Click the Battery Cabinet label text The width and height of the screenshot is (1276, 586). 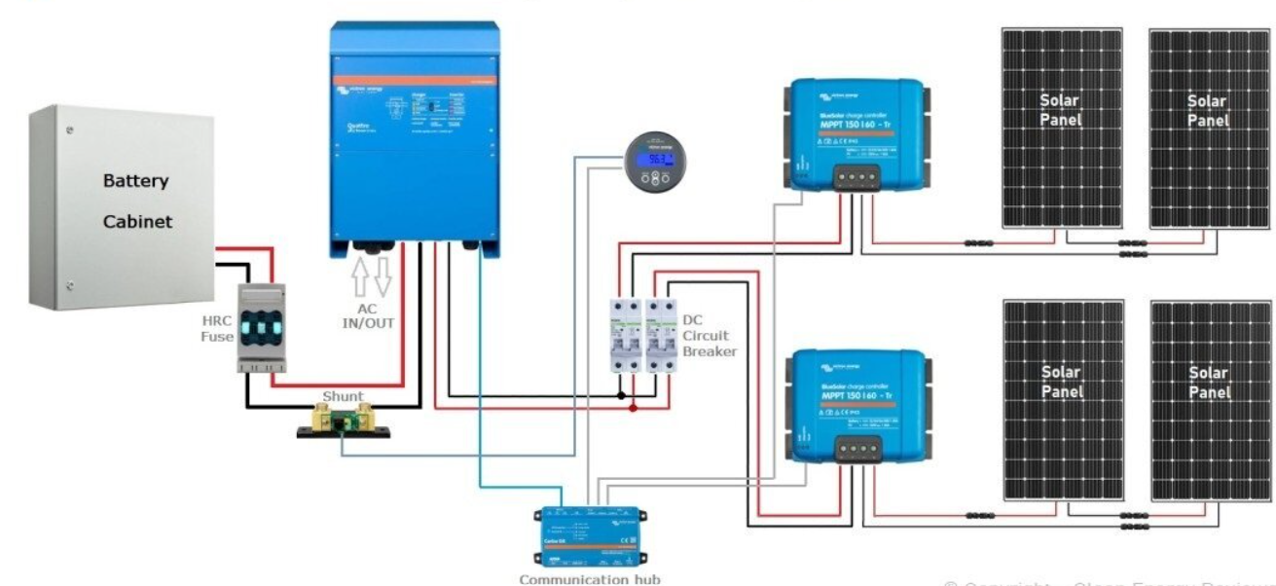(137, 201)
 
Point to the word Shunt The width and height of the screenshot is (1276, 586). (342, 396)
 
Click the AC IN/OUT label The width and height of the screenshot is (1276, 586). (368, 314)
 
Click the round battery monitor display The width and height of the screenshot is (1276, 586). (654, 165)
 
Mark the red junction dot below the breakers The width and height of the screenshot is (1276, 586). (635, 409)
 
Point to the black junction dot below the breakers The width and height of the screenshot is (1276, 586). (622, 396)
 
